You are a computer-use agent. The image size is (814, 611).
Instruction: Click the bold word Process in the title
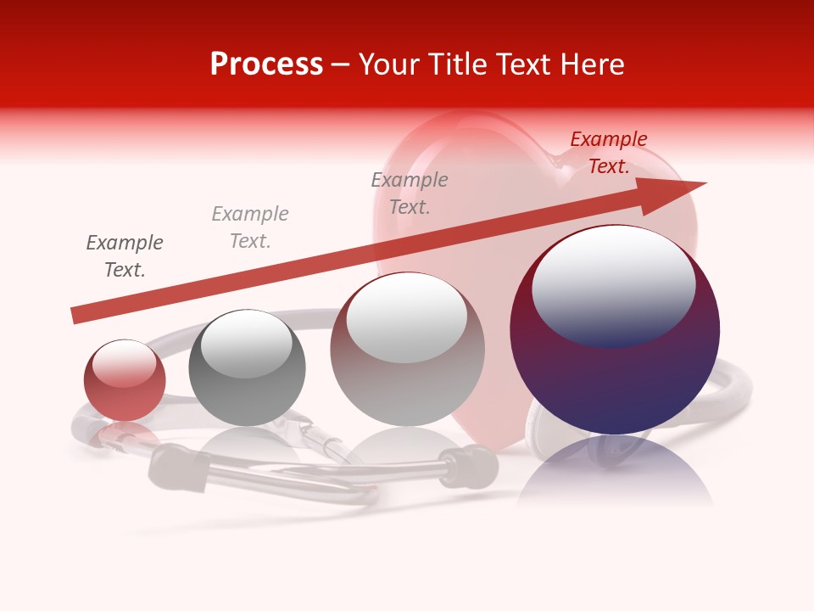(266, 64)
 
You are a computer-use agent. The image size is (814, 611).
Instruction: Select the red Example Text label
(608, 153)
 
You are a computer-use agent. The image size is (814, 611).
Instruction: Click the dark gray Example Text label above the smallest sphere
(125, 256)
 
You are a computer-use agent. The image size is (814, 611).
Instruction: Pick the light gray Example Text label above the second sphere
(250, 227)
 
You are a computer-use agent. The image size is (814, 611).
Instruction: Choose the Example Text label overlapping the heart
(410, 193)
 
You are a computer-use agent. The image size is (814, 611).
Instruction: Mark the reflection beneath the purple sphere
(615, 471)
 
